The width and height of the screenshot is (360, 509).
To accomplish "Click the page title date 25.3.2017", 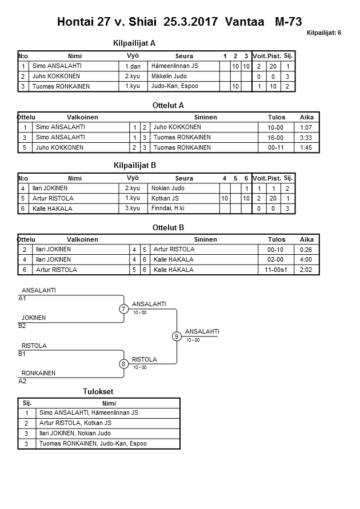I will (191, 22).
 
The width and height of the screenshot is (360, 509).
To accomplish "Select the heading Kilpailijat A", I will (135, 43).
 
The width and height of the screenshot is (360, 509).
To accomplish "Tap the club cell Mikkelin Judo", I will (170, 76).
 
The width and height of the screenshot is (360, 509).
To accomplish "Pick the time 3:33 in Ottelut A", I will (306, 138).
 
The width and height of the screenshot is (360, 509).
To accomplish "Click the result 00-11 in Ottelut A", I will (276, 147).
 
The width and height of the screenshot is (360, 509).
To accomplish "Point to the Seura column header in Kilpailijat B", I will (184, 178).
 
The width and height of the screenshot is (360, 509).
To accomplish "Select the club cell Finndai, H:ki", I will (167, 209).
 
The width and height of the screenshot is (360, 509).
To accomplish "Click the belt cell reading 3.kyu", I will (133, 209).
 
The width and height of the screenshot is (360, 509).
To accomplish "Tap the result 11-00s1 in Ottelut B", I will (276, 270).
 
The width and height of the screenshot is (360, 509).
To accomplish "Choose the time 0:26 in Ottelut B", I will (306, 250).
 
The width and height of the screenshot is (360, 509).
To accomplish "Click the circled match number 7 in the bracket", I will (124, 309).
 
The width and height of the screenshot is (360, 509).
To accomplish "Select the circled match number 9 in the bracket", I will (177, 336).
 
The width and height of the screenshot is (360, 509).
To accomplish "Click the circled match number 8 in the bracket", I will (123, 363).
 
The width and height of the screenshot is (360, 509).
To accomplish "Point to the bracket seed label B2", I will (22, 326).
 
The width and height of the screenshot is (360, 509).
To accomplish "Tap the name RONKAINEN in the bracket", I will (38, 373).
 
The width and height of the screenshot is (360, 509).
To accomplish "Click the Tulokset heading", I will (99, 391).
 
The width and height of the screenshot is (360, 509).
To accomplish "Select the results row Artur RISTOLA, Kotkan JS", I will (75, 423).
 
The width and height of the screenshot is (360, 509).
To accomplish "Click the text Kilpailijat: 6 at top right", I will (323, 33).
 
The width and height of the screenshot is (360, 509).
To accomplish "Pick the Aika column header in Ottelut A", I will (306, 117).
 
